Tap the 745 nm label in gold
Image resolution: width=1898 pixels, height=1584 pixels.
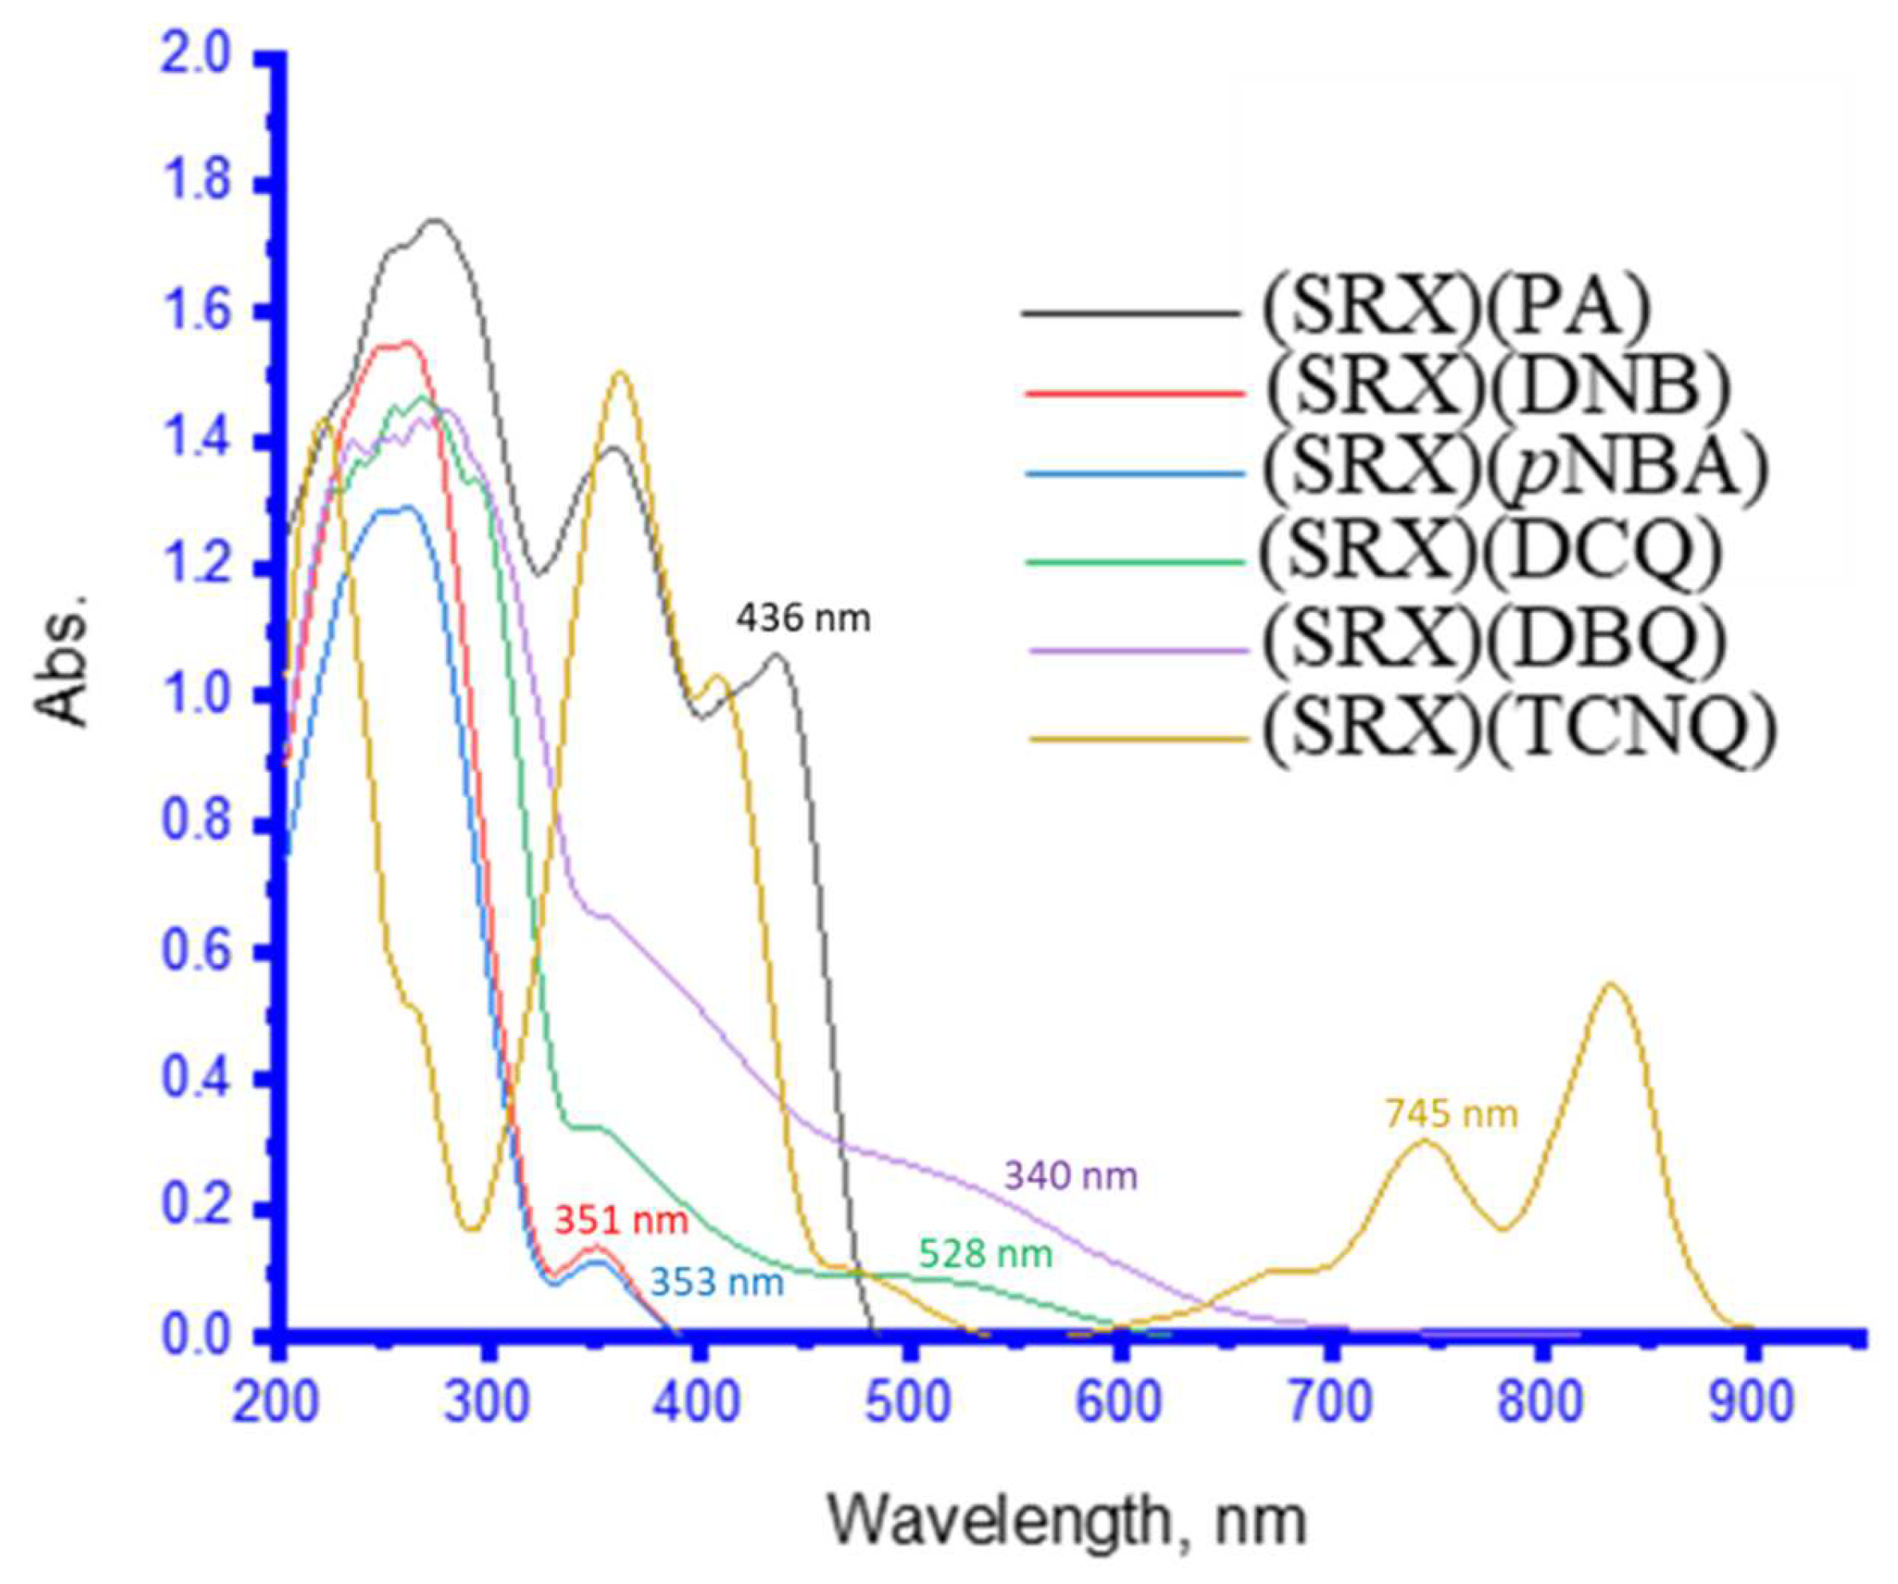pyautogui.click(x=1451, y=1114)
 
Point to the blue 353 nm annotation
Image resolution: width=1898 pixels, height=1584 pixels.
pyautogui.click(x=717, y=1283)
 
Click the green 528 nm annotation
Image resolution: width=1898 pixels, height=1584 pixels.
pyautogui.click(x=985, y=1254)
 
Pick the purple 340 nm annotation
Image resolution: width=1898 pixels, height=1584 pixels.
pyautogui.click(x=1070, y=1176)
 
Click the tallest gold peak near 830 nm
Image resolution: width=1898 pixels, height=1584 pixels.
pyautogui.click(x=1610, y=985)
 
